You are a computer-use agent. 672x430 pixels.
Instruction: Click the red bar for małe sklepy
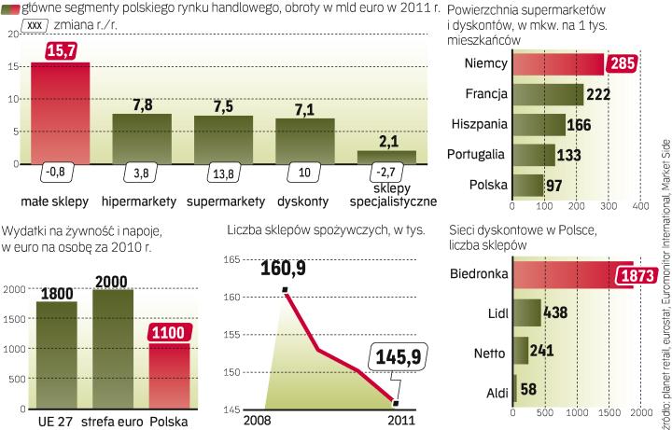61,112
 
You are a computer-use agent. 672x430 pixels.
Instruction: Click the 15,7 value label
61,50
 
